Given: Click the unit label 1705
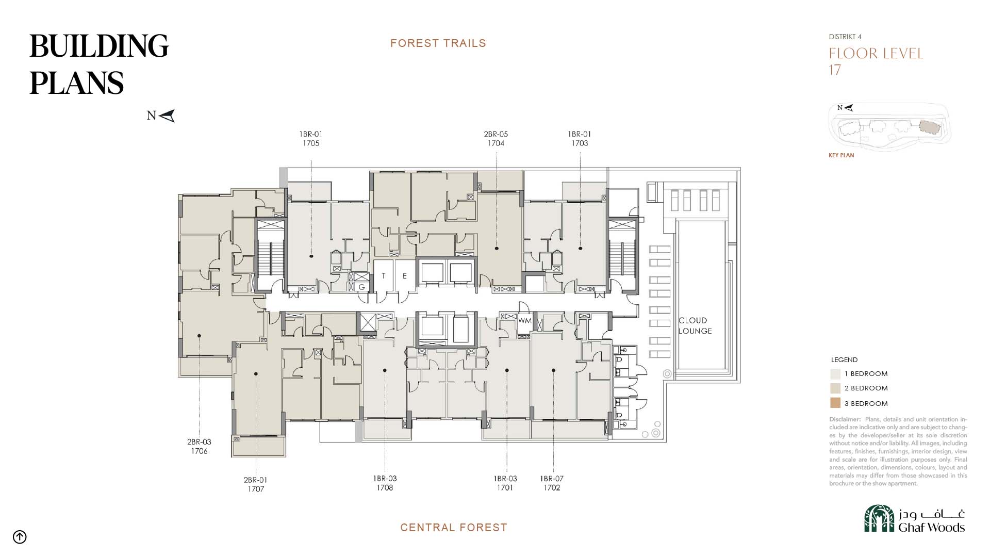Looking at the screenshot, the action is coord(311,143).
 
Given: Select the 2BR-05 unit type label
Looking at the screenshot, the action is coord(496,134).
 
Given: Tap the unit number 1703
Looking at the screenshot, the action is coord(580,143).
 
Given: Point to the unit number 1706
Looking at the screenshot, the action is coord(200,451).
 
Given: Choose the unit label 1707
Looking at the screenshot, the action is coord(256,489).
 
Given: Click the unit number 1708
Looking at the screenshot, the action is coord(385,488).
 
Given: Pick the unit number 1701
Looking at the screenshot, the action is coord(505,488).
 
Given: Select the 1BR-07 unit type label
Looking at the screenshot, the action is coord(552,479).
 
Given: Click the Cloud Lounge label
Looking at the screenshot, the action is coord(695,326).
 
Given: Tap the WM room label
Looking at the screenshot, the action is coord(524,321).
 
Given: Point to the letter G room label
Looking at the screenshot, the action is coord(361,287).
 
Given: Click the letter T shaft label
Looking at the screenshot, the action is coord(384,276).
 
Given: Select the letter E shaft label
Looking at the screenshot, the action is coord(405,276).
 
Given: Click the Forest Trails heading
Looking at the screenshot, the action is coord(438,43).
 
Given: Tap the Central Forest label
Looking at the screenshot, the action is coord(454,528).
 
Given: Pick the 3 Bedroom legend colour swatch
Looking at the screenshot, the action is coord(835,403).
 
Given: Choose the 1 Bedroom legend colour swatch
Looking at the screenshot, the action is coord(835,374).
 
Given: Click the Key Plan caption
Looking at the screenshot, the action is coord(841,155).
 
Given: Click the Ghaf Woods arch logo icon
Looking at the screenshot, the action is coord(879,518).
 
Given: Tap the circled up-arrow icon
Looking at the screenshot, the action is coord(20,537).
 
